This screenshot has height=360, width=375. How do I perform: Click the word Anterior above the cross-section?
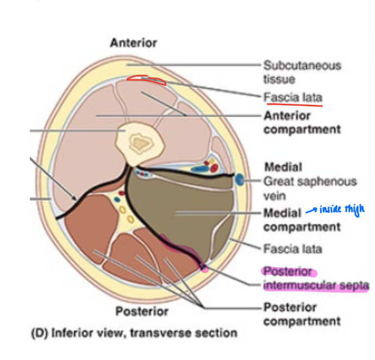(x=134, y=42)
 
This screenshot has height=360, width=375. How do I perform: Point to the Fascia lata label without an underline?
(x=293, y=249)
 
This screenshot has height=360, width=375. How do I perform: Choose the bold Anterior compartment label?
(x=302, y=123)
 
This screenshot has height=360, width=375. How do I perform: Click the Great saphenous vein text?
(x=310, y=188)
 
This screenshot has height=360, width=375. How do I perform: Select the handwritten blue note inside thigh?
(x=342, y=209)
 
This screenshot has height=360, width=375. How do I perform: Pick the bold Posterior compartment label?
(x=302, y=314)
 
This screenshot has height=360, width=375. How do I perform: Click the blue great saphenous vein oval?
(x=239, y=178)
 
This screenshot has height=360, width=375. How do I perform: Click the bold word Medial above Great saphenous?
(x=283, y=167)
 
